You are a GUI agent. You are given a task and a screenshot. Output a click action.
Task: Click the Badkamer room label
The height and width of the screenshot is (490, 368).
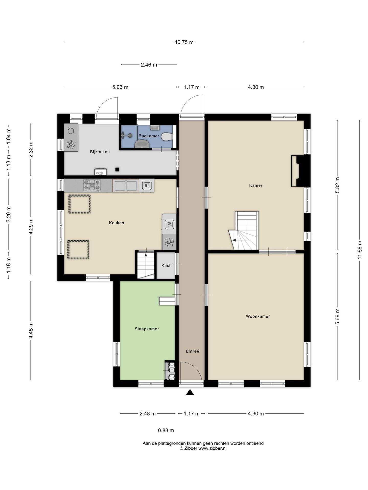tap(149, 136)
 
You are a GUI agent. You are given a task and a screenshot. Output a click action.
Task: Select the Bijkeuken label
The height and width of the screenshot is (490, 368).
tap(100, 152)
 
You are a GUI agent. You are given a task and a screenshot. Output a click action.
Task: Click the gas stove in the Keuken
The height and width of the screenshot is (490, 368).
tap(92, 185)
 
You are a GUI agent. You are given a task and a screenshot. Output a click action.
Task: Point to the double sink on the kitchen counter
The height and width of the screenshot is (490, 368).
tap(126, 186)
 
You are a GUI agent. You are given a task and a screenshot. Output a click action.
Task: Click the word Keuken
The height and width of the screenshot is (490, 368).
tap(117, 223)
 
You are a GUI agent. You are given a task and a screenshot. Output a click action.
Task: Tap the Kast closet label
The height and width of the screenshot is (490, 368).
tap(166, 266)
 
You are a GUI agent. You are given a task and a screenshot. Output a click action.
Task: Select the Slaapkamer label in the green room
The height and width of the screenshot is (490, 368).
tap(147, 329)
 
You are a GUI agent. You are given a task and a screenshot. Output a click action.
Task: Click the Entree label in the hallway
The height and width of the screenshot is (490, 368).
tap(192, 351)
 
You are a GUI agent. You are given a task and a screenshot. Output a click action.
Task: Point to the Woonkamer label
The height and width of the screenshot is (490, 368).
tap(258, 316)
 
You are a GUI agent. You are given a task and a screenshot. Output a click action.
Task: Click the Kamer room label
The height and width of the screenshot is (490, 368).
tap(256, 185)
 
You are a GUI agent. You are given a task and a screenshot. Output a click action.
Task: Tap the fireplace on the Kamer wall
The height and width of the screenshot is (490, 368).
tap(298, 171)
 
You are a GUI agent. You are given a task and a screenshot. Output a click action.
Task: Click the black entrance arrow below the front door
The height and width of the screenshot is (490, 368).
tap(190, 392)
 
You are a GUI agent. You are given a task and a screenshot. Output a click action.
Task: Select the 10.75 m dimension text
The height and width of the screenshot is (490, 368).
tap(184, 42)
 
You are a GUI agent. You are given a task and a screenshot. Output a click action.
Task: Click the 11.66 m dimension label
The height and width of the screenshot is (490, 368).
tap(360, 250)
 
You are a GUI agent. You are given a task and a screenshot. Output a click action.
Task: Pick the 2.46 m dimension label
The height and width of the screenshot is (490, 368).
tap(149, 65)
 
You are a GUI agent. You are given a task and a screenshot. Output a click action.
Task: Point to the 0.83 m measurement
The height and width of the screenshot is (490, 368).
tap(166, 431)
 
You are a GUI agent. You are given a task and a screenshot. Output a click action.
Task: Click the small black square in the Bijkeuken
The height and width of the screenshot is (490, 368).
tap(117, 169)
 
